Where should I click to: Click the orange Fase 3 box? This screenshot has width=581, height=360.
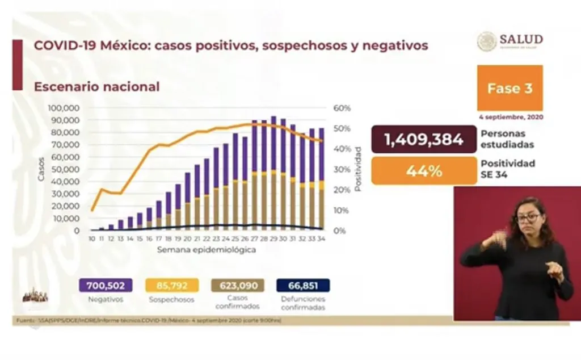[510, 88]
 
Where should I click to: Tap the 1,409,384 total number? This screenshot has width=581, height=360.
[423, 140]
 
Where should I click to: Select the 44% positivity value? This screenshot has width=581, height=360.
[423, 171]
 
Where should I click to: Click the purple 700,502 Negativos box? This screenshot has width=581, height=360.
[102, 285]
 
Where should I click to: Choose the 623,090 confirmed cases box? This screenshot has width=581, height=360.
[237, 285]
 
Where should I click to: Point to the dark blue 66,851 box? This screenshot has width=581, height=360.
[302, 285]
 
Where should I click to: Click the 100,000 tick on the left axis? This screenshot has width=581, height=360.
[64, 108]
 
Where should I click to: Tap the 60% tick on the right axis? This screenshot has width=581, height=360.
[343, 108]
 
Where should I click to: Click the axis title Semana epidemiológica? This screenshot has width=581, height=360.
[205, 250]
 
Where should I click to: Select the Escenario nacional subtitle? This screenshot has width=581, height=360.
[96, 87]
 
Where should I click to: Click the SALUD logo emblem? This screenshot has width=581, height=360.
[487, 41]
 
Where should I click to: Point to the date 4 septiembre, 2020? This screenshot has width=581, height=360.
[511, 117]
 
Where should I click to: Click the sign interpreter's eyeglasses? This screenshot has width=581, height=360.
[528, 217]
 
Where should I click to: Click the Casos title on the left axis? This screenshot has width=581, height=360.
[41, 169]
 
